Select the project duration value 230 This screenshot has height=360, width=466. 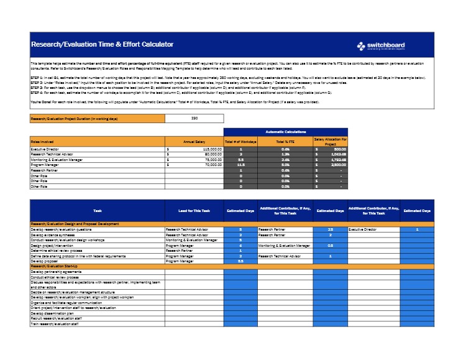(x=194, y=118)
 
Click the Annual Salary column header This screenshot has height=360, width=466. (x=194, y=142)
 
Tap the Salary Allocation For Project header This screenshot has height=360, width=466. (x=331, y=142)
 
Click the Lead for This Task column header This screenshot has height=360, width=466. (x=194, y=212)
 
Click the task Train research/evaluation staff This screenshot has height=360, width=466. (x=55, y=324)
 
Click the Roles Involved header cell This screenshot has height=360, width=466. (x=43, y=142)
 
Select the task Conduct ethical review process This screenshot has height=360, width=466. (x=57, y=277)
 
